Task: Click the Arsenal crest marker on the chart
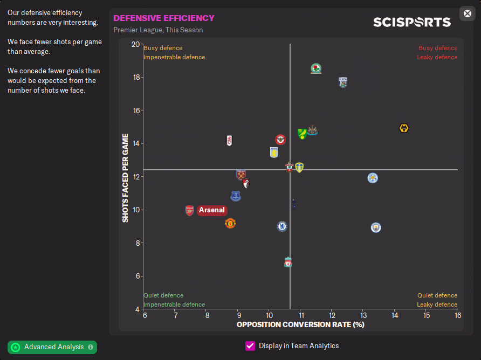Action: pos(189,210)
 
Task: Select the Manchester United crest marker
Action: pos(230,223)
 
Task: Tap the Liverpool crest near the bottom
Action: pos(288,262)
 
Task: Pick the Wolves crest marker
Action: pos(404,128)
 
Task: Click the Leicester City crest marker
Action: pos(373,177)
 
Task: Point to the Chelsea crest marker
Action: pos(281,226)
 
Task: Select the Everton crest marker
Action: pos(236,196)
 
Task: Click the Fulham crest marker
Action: pos(229,140)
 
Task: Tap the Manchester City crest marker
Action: pos(376,227)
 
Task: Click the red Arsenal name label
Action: pos(212,210)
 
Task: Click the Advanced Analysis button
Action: pos(52,347)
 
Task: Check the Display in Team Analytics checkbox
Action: pos(250,346)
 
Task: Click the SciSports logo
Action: pos(412,22)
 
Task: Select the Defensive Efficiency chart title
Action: pos(164,18)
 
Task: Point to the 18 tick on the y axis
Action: pos(135,78)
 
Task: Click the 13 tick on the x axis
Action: pos(363,315)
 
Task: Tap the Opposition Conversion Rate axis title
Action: pos(300,324)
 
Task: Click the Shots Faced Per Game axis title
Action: pos(125,178)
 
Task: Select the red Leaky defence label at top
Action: pos(437,57)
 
